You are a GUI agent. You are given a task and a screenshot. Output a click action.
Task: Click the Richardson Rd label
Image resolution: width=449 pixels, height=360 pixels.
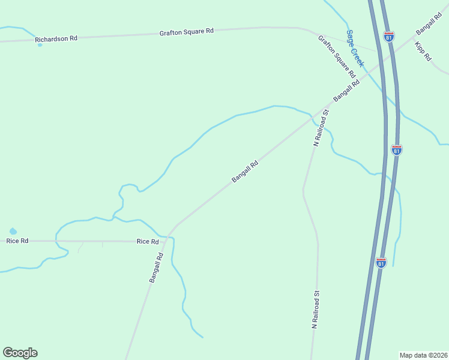click(56, 39)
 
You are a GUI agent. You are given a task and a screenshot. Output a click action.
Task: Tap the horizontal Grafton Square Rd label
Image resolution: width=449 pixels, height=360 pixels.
click(187, 31)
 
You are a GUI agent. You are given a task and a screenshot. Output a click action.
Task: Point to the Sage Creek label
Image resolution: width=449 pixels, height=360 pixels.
click(355, 48)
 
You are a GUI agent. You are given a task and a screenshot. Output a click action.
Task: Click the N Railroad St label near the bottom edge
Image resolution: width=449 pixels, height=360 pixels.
click(315, 310)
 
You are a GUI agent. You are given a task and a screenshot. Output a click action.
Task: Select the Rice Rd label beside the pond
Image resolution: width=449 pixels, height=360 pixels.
click(17, 241)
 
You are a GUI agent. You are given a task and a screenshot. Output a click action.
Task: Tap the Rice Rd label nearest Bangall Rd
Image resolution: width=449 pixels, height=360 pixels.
click(148, 241)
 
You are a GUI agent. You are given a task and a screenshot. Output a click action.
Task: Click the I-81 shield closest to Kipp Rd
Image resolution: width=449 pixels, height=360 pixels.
click(390, 37)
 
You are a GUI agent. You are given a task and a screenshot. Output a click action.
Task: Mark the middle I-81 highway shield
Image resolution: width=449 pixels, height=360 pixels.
click(396, 149)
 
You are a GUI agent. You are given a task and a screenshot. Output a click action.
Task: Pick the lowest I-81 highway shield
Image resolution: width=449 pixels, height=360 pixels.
click(381, 262)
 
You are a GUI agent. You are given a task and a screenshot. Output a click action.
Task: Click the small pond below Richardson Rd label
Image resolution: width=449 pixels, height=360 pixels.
click(40, 45)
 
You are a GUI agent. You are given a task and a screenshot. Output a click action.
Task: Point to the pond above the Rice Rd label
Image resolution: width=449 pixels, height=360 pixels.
click(13, 231)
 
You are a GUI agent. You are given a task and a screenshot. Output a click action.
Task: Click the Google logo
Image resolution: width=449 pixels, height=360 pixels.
click(20, 353)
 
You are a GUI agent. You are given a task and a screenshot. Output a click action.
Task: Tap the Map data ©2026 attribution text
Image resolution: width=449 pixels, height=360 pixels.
click(424, 355)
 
